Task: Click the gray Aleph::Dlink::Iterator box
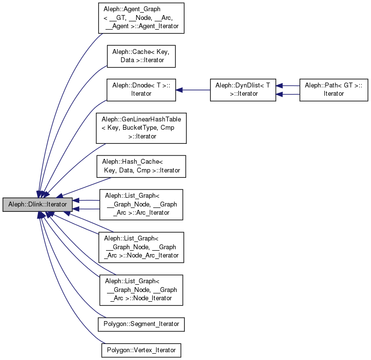point(37,205)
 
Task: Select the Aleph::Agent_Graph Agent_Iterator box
point(141,18)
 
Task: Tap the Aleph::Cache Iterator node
point(141,55)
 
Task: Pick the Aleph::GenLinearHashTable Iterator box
point(141,128)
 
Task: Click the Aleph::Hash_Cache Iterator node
point(141,166)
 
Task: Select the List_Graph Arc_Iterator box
point(141,205)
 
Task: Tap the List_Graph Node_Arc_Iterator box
point(141,247)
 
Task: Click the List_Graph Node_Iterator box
point(141,290)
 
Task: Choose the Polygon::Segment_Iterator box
point(141,324)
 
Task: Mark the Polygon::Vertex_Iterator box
point(141,350)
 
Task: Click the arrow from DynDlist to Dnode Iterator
point(194,90)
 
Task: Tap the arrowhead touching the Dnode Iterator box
point(179,90)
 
